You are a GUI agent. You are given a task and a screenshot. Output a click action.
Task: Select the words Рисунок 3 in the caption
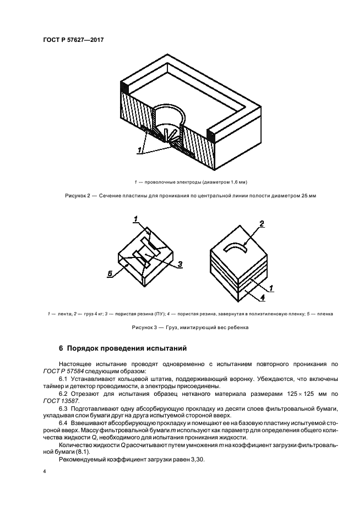[145, 327]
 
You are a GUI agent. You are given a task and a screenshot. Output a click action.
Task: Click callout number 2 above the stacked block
[262, 224]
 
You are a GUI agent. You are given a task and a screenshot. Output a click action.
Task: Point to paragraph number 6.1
[64, 378]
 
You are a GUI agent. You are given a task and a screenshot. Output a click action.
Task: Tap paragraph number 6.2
[64, 394]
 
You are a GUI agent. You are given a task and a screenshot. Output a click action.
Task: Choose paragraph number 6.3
[64, 409]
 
